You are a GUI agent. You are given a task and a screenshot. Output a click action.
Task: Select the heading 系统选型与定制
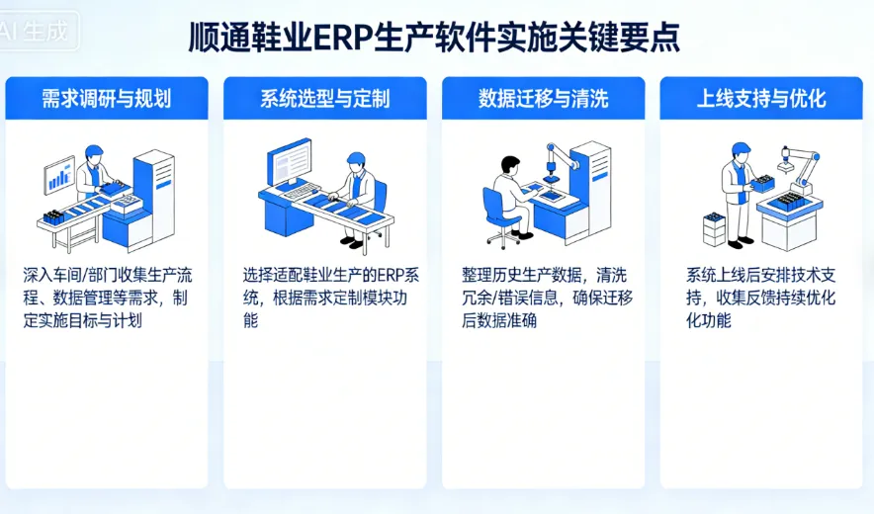[324, 99]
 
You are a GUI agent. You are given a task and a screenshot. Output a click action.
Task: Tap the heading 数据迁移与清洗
[543, 99]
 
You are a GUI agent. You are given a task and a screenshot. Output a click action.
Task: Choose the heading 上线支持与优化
[761, 99]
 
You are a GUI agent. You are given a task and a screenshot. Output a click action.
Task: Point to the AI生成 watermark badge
[38, 31]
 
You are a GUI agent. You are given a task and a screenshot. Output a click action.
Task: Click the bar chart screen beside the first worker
[59, 176]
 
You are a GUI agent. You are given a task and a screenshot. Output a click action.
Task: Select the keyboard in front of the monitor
[303, 190]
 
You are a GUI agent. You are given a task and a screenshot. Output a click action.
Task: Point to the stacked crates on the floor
[714, 228]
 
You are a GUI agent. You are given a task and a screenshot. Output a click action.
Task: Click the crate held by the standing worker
[761, 183]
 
